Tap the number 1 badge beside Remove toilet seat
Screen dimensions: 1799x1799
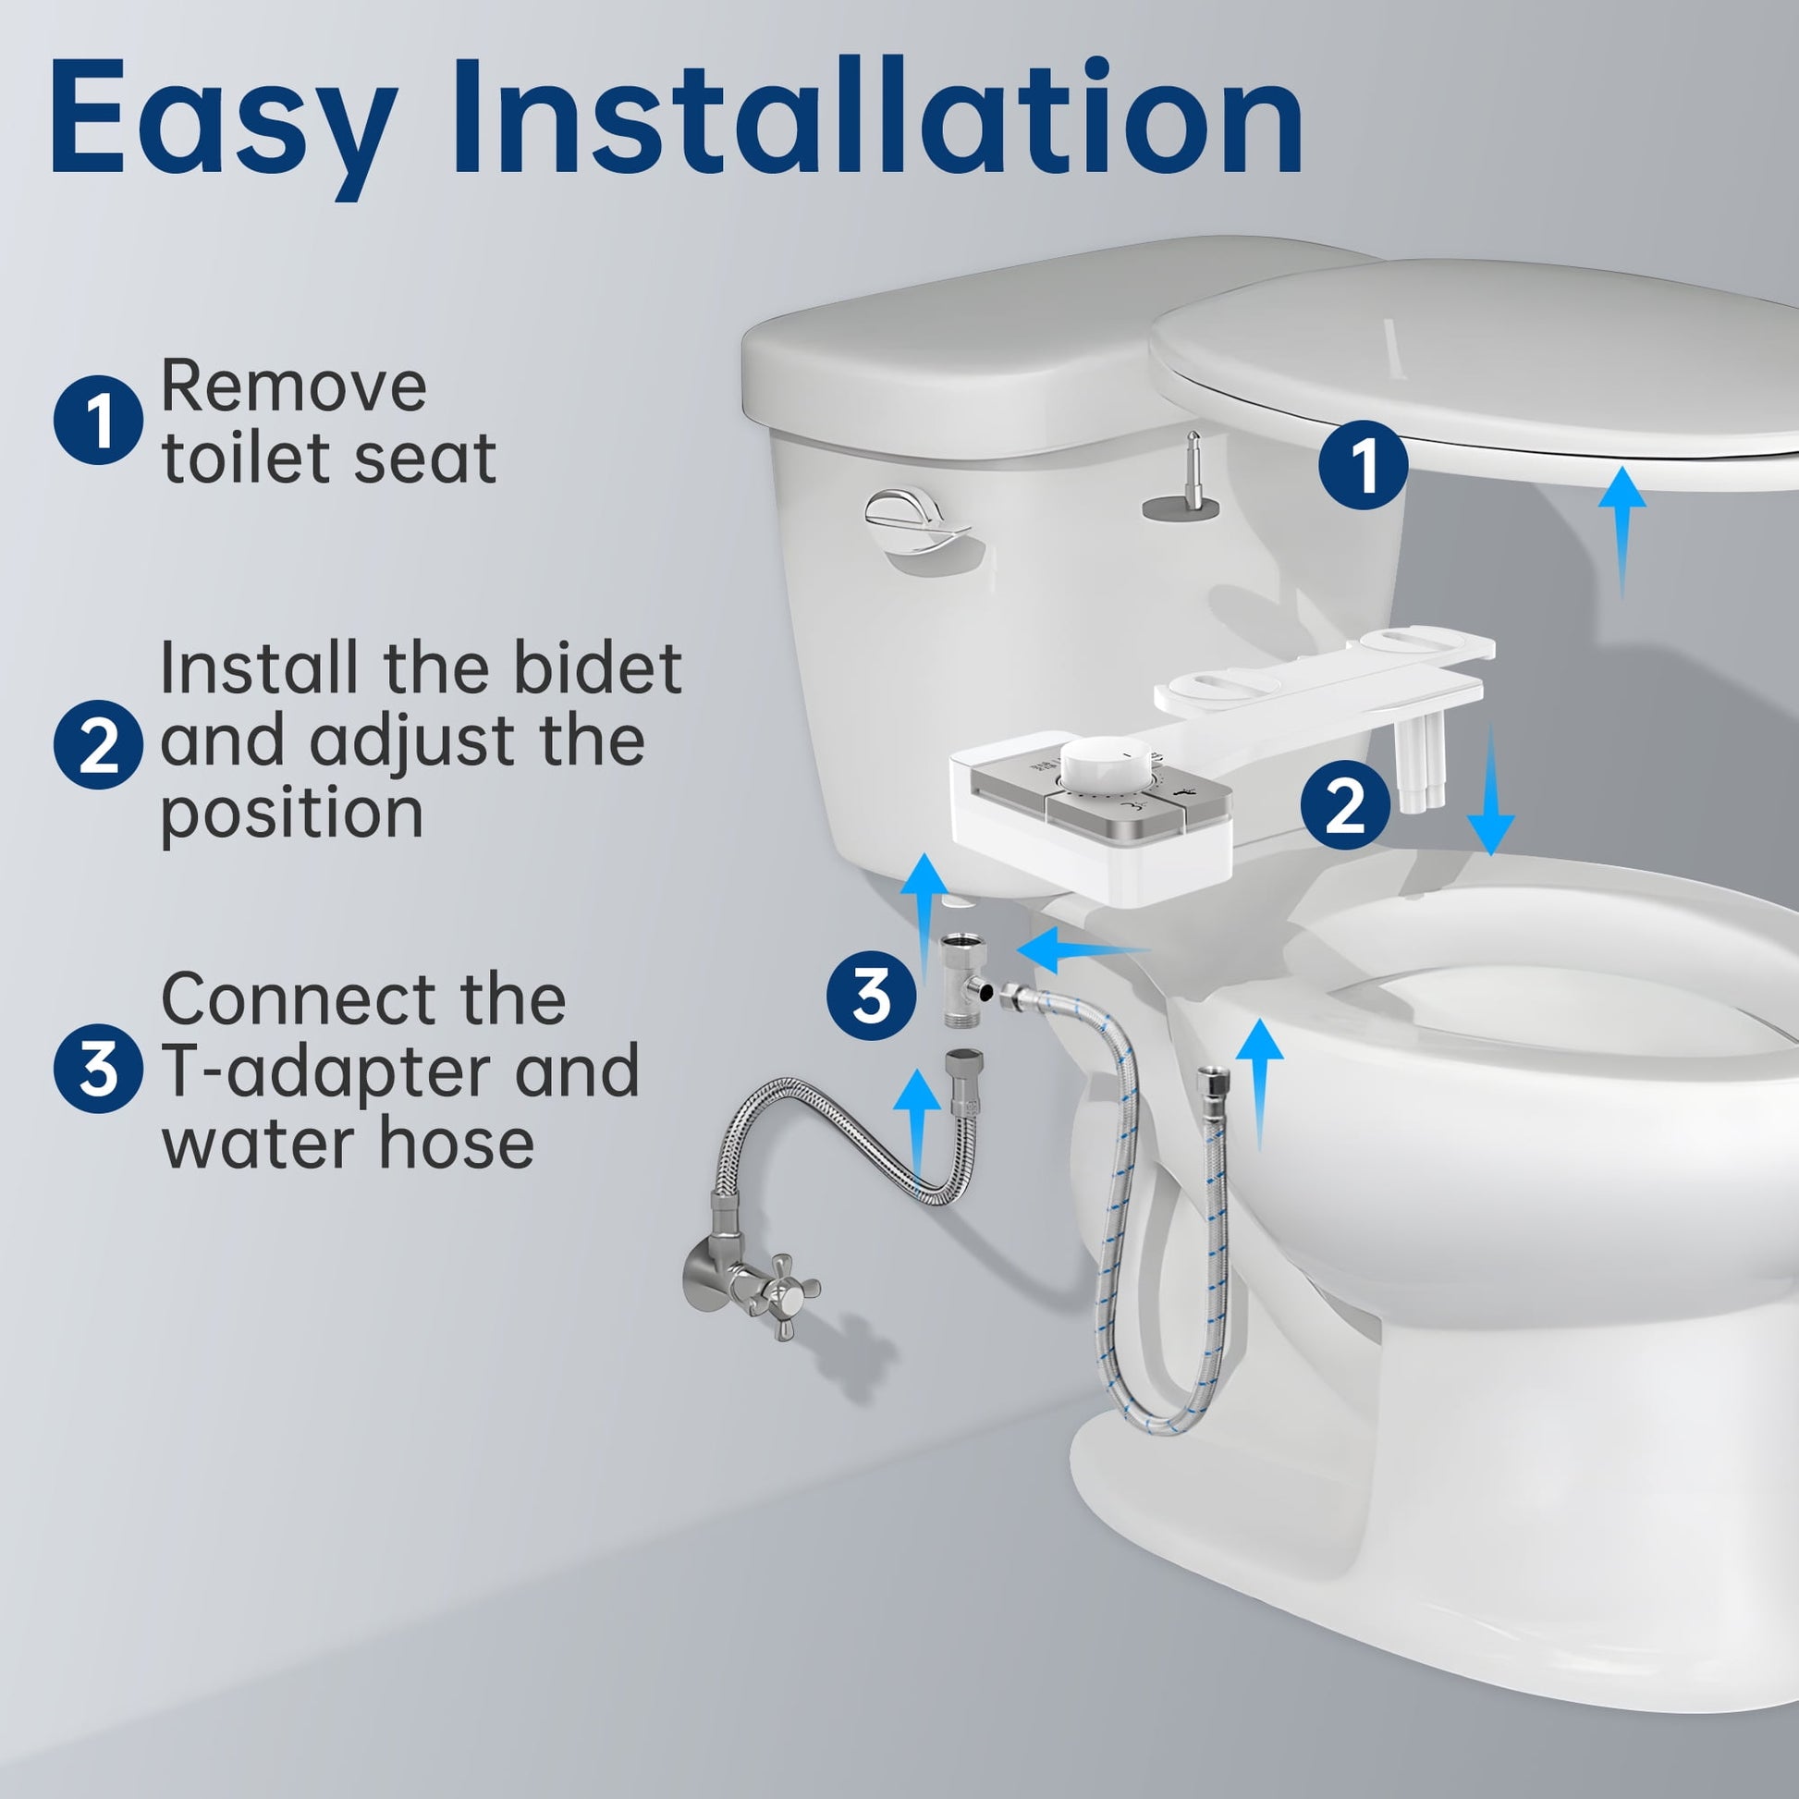(x=98, y=420)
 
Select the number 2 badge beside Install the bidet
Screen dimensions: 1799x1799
(x=98, y=744)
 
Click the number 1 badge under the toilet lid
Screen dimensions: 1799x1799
(x=1364, y=466)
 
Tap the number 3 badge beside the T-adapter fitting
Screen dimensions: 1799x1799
(x=872, y=996)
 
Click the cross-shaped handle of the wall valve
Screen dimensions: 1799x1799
(x=780, y=1291)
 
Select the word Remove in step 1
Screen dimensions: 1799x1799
(x=293, y=385)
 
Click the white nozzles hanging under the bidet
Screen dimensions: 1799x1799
(x=1420, y=768)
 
